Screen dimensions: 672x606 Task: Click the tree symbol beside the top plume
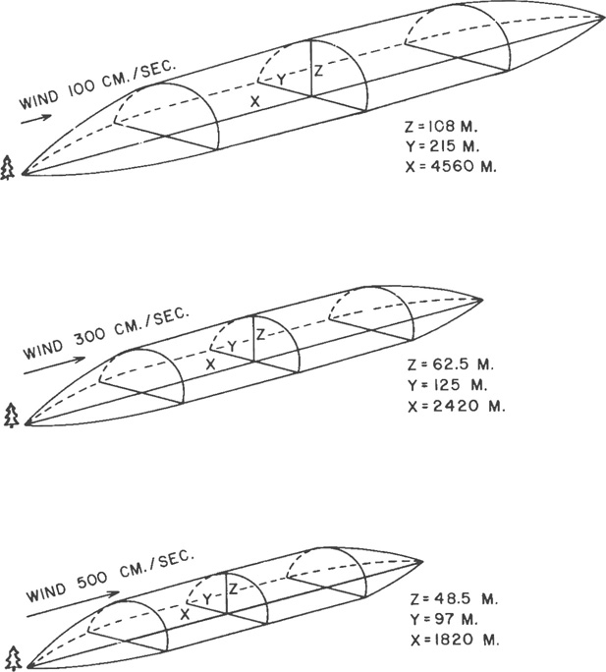click(9, 169)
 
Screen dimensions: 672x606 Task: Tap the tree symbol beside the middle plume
click(11, 416)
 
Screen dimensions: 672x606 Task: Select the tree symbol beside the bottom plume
click(13, 656)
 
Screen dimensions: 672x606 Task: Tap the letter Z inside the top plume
click(318, 71)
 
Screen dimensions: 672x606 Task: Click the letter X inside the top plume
click(254, 101)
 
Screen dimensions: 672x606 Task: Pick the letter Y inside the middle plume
click(232, 346)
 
